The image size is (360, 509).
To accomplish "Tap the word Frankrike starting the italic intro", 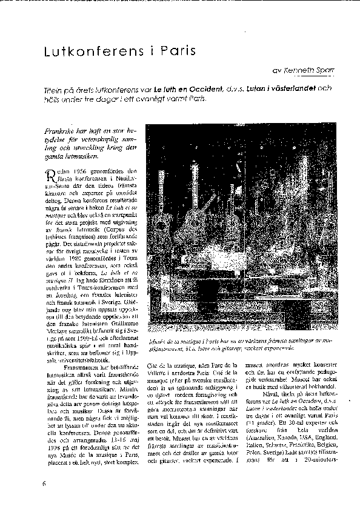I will (x=63, y=131).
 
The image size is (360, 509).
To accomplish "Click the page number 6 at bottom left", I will (x=44, y=482).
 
